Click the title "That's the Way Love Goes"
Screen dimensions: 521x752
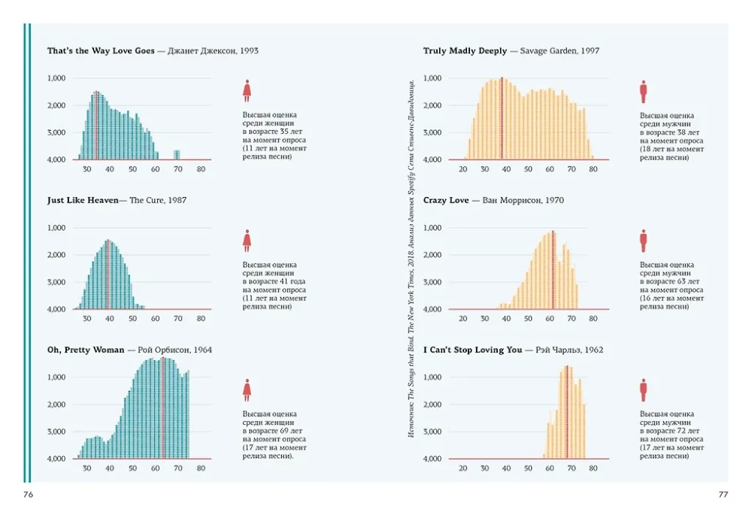tap(101, 51)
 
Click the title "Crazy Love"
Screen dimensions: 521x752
tap(446, 201)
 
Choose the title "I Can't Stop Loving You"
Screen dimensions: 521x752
tap(472, 350)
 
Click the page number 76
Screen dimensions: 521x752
tap(29, 495)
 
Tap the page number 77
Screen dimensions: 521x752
tap(723, 495)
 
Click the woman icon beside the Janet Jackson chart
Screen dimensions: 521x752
tap(247, 91)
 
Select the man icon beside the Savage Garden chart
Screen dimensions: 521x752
tap(644, 91)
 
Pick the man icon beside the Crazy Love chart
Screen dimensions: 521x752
tap(644, 241)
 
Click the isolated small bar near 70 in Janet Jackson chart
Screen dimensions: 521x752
tap(177, 155)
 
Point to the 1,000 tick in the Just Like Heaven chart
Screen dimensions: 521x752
tap(56, 228)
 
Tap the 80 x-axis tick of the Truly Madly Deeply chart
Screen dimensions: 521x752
tap(593, 169)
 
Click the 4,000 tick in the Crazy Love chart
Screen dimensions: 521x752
tap(432, 310)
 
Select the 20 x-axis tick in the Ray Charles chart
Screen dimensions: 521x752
tap(462, 468)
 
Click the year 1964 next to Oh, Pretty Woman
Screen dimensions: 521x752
tap(202, 350)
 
